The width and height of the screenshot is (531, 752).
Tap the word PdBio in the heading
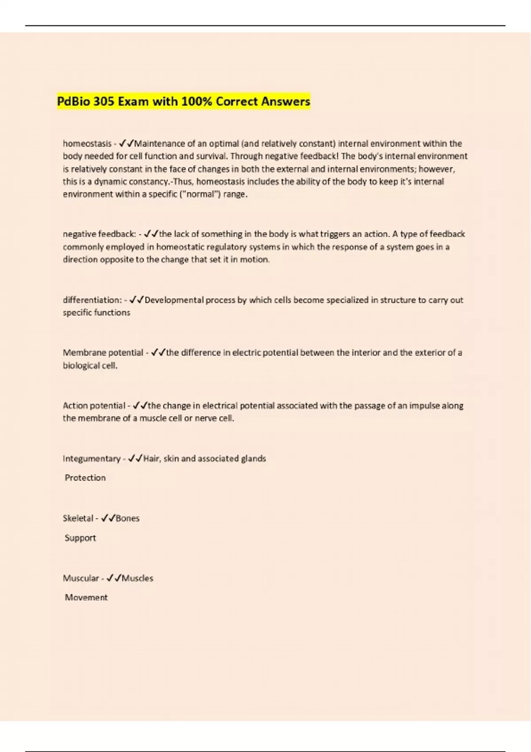73,102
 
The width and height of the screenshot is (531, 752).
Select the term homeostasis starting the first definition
87,144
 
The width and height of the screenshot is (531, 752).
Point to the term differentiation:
92,300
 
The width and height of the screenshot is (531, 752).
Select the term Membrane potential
103,353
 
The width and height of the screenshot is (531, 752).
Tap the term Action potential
94,406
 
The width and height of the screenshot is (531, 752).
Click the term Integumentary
92,459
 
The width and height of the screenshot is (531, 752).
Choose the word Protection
85,478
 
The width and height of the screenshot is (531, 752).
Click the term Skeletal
78,518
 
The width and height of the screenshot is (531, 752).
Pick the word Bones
127,518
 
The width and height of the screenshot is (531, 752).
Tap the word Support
80,538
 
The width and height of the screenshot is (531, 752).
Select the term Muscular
81,578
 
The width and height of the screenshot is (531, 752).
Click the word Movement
86,598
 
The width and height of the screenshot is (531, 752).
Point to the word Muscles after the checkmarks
137,578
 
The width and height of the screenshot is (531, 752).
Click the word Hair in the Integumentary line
151,459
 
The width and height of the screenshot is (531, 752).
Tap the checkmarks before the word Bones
108,518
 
